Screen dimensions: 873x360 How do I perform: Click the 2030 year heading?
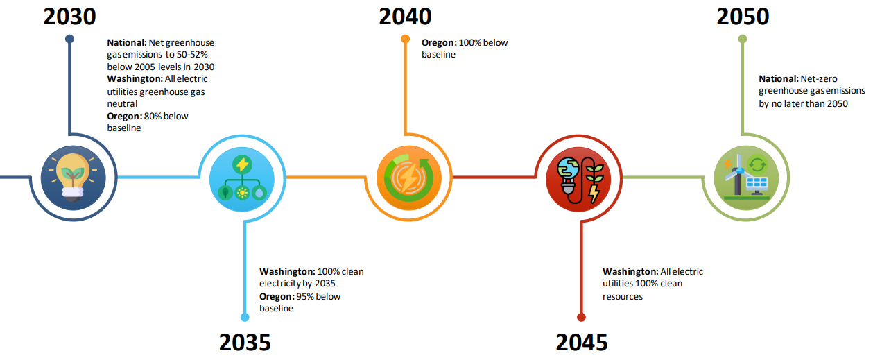69,17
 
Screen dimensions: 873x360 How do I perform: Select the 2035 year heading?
245,343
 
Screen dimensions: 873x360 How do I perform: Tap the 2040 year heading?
406,17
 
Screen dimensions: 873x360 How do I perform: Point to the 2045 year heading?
582,343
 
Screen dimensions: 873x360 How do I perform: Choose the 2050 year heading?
743,17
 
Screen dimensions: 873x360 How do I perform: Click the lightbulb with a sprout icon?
73,178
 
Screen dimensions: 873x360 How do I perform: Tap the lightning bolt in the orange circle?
409,178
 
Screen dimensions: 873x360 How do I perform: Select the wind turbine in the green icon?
736,173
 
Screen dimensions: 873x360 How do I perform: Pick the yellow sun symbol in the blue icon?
242,192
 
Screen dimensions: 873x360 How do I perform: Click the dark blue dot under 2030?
69,39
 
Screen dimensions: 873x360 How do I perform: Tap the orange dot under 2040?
406,39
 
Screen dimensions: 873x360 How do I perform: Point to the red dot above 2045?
582,317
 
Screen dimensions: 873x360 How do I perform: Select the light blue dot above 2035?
245,317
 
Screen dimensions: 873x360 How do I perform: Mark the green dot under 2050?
743,39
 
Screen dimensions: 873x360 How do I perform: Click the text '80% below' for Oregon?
166,117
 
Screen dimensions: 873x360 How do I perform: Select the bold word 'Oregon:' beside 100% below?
439,42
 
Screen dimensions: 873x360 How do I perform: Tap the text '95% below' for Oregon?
318,296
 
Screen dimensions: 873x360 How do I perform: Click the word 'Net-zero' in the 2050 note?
819,79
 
